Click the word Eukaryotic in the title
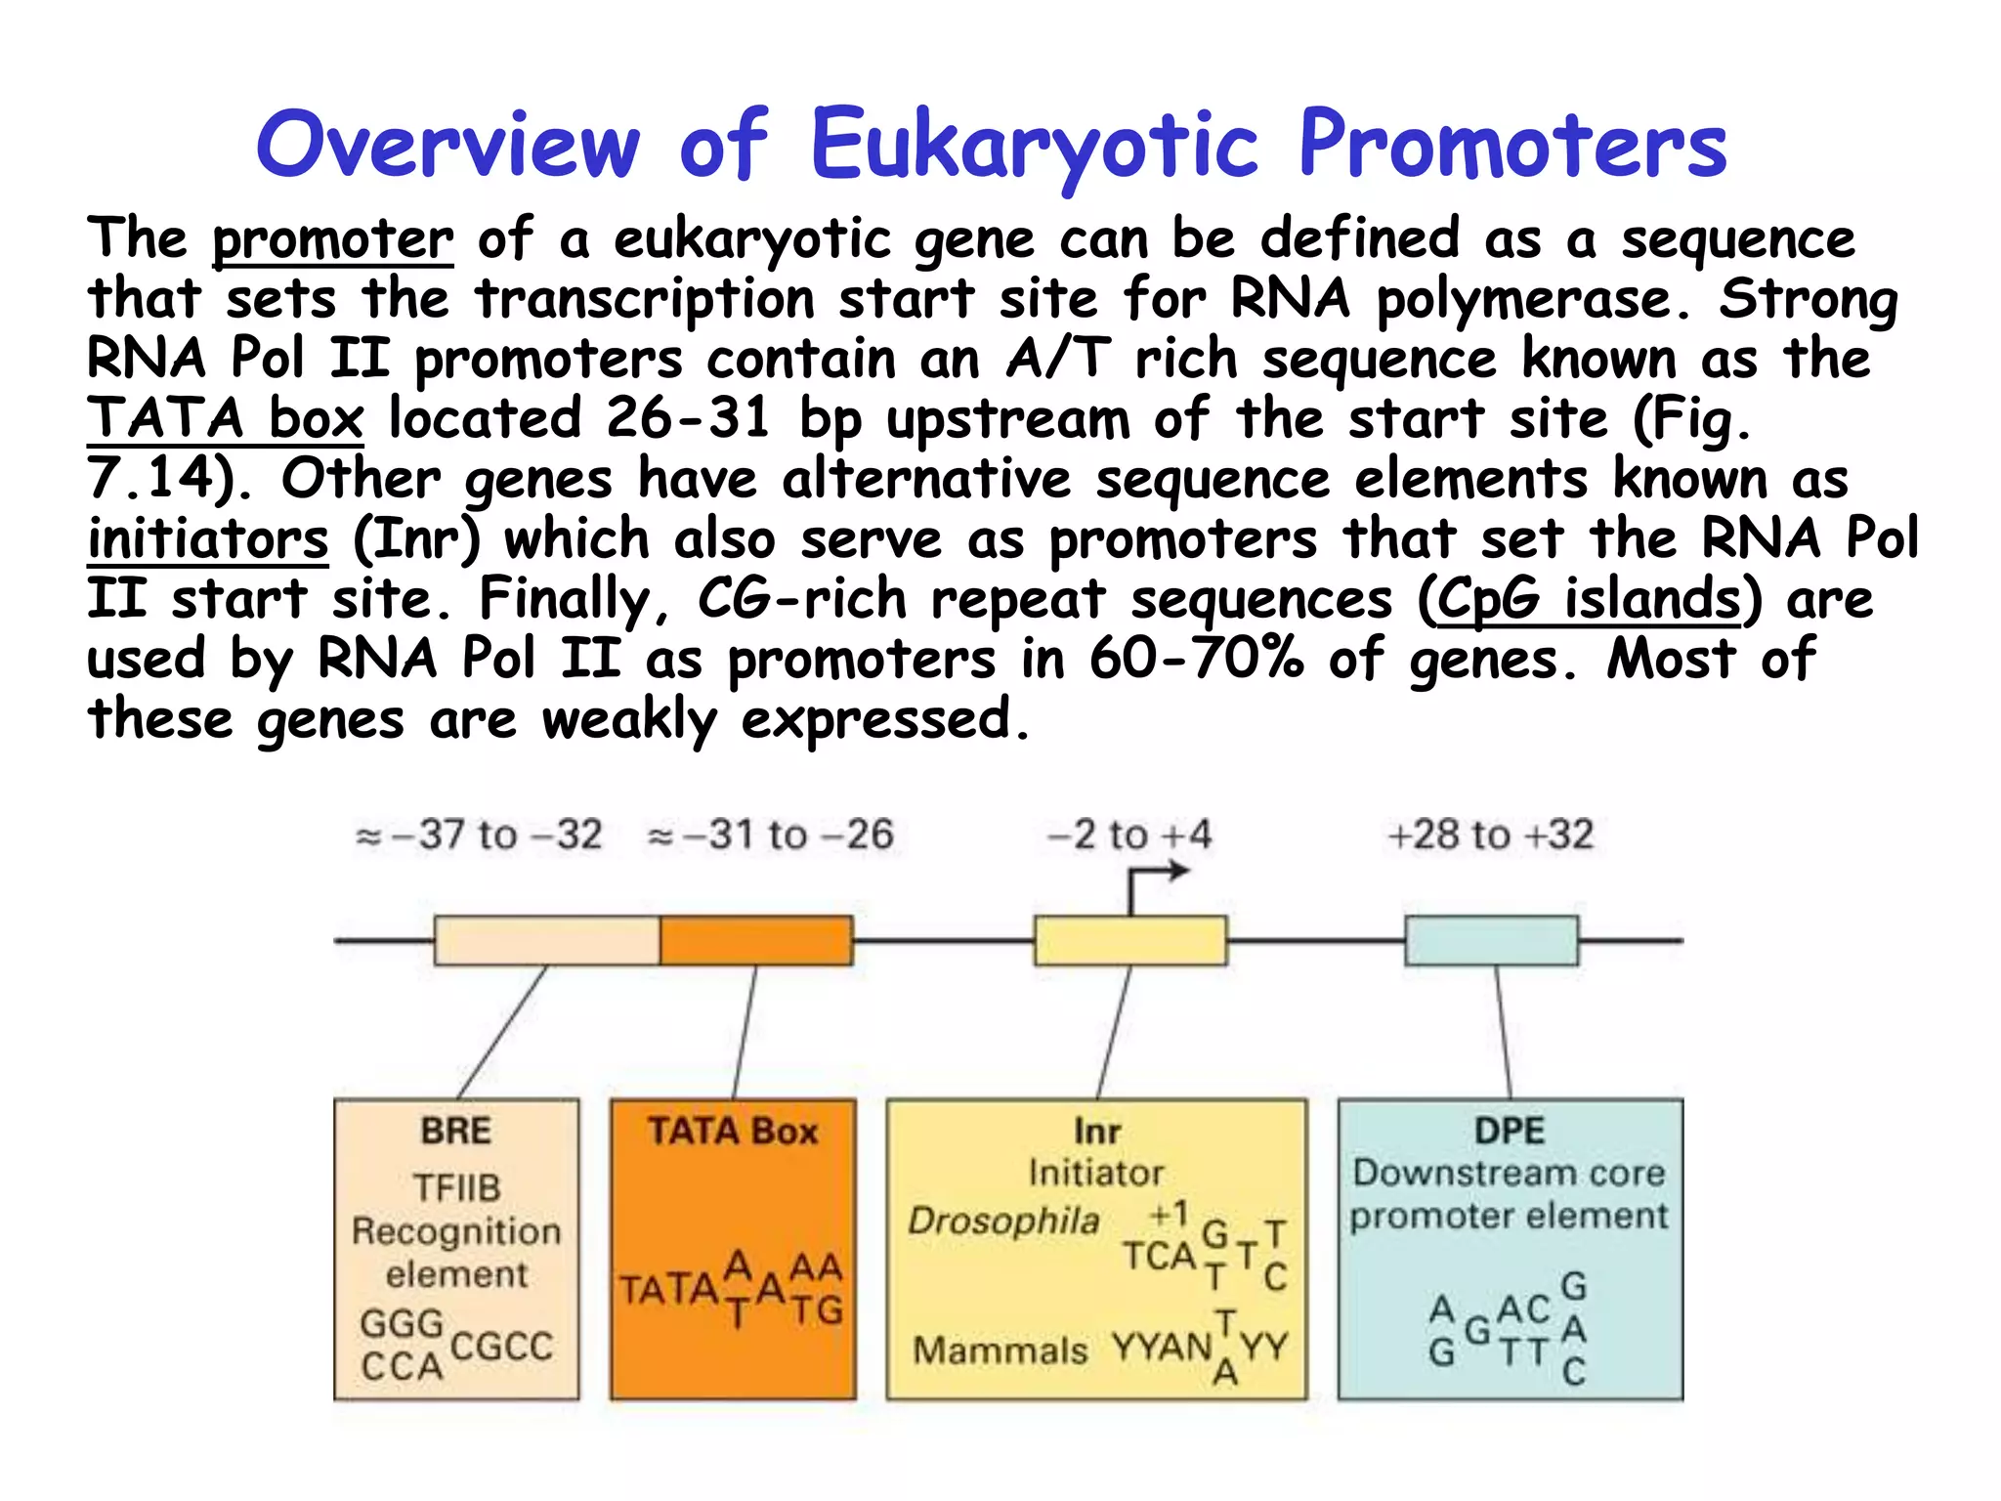pos(1034,147)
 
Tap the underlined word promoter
pos(332,239)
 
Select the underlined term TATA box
pos(226,418)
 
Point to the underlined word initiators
pos(208,539)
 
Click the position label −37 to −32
pos(480,836)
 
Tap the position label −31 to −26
pos(771,836)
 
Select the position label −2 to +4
pos(1128,836)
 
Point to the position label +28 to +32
pos(1490,836)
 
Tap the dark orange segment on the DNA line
pos(755,940)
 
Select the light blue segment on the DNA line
pos(1491,940)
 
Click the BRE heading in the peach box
pos(456,1131)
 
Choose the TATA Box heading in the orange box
pos(733,1131)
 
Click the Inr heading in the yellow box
pos(1096,1132)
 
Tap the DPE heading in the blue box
pos(1510,1131)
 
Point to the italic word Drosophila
pos(1003,1221)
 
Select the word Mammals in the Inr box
pos(1000,1351)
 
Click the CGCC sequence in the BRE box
pos(501,1347)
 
